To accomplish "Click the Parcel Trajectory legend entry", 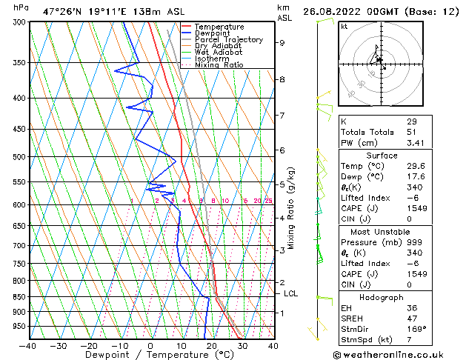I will click(228, 39).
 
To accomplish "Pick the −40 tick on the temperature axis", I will click(28, 345).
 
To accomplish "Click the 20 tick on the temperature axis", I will click(212, 345).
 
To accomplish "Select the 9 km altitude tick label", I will click(282, 42).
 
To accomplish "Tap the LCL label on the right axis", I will click(291, 293).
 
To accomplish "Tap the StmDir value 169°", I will click(416, 329).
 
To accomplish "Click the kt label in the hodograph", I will click(344, 27).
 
